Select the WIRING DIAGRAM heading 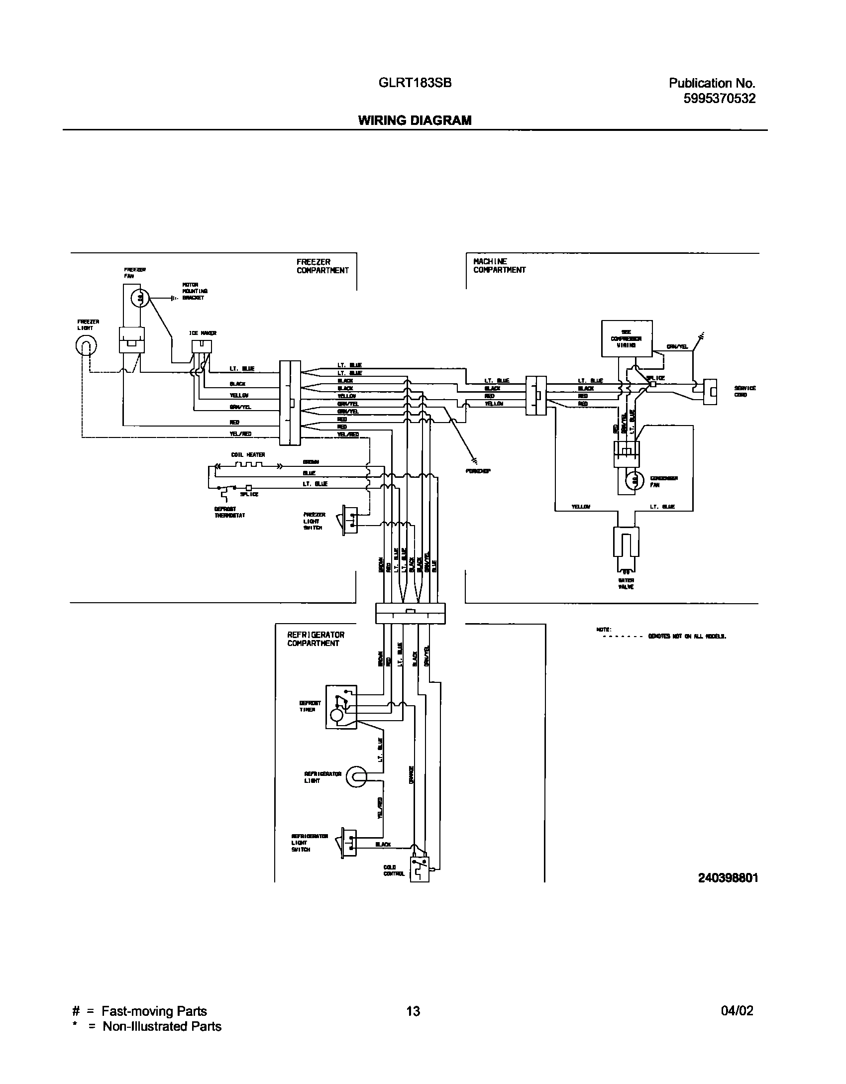point(415,120)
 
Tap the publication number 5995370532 point(719,99)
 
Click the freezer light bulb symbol point(86,345)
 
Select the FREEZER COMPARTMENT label point(322,266)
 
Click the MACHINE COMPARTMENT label point(499,266)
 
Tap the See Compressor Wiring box point(627,338)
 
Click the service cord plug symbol point(710,392)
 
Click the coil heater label point(248,455)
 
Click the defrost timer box point(341,707)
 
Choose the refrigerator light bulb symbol point(357,776)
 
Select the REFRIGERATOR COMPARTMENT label point(316,639)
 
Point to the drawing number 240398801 point(728,878)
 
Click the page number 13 point(413,1011)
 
